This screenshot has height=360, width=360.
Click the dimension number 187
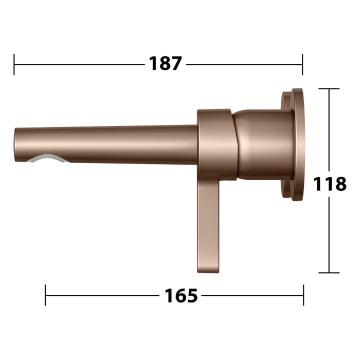pos(166,64)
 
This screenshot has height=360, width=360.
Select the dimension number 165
pos(181,296)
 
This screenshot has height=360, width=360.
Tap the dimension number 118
pos(330,184)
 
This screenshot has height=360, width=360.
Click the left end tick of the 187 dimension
pos(14,64)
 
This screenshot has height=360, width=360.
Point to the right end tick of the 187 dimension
pos(302,64)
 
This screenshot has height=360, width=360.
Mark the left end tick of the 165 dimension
pos(46,296)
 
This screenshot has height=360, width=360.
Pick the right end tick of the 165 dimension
pos(303,296)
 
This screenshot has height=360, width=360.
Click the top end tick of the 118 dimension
pos(329,89)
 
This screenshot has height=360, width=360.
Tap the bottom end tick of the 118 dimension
pos(329,273)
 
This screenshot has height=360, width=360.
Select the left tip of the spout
pos(16,145)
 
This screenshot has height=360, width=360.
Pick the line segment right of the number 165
pos(252,296)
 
